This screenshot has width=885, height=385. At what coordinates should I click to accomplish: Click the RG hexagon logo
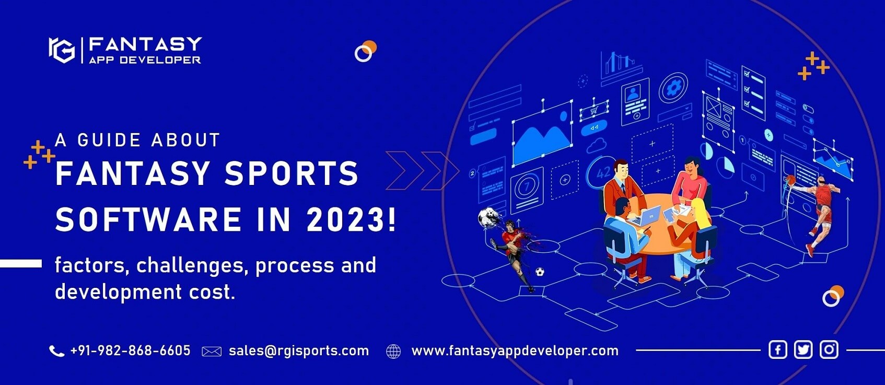pos(62,50)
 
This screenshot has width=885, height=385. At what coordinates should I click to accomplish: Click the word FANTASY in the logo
pos(145,44)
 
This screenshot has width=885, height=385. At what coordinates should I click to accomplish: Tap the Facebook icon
pos(777,349)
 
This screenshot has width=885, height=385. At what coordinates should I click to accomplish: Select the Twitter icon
pos(803,349)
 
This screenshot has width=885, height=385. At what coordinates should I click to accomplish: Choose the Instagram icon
pos(829,349)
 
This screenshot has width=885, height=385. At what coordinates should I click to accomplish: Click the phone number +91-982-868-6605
pos(130,351)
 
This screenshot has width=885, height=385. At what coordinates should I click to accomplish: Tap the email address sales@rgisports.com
pos(298,351)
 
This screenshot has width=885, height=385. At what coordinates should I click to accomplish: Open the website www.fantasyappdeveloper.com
pos(515,351)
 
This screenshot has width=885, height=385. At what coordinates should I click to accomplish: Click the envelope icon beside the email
pos(212,352)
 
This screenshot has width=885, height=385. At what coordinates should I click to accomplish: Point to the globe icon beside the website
pos(393,352)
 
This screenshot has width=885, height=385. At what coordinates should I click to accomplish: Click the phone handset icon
pos(56,351)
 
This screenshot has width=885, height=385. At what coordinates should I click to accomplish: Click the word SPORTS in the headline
pos(292,173)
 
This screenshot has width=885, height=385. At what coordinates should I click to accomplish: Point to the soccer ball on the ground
pos(540,272)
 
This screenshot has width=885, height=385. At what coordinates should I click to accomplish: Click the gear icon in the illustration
pos(673,87)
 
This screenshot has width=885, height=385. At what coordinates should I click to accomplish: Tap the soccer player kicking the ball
pos(515,251)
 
